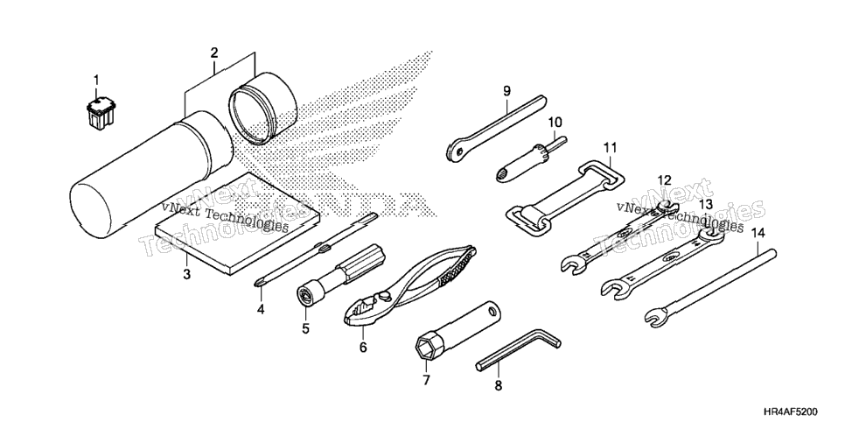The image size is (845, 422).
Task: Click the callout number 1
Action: click(96, 81)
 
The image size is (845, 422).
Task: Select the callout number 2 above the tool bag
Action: click(214, 53)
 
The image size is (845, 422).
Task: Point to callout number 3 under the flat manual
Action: click(186, 274)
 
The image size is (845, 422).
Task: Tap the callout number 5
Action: click(305, 328)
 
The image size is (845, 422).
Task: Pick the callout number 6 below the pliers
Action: click(363, 348)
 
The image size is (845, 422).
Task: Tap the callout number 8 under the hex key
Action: click(498, 386)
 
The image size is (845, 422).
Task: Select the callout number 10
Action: click(555, 123)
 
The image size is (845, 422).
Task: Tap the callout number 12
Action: click(665, 179)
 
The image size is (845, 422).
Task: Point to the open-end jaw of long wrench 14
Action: click(656, 317)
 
